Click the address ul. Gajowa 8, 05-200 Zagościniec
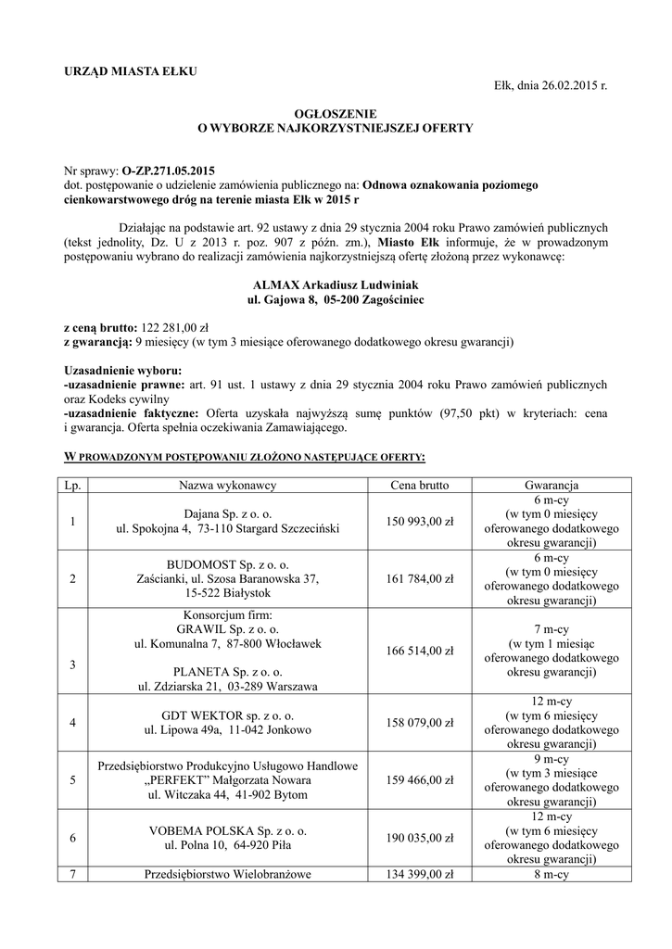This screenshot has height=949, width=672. pos(336,302)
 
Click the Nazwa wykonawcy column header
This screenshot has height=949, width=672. pos(227,485)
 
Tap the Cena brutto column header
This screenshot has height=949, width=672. pos(422,485)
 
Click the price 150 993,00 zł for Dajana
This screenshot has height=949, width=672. pos(422,521)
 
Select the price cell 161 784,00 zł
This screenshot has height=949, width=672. pos(422,579)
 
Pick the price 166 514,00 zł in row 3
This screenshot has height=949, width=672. pos(422,652)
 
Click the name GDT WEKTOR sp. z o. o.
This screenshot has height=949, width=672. pos(227,715)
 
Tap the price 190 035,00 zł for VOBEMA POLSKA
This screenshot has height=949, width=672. pos(422,838)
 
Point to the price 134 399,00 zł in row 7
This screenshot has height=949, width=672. pos(422,874)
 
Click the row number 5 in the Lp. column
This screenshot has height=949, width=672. pos(72,779)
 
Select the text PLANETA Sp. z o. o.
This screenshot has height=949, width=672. pos(227,671)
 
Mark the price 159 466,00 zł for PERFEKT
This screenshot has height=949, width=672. pos(422,779)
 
